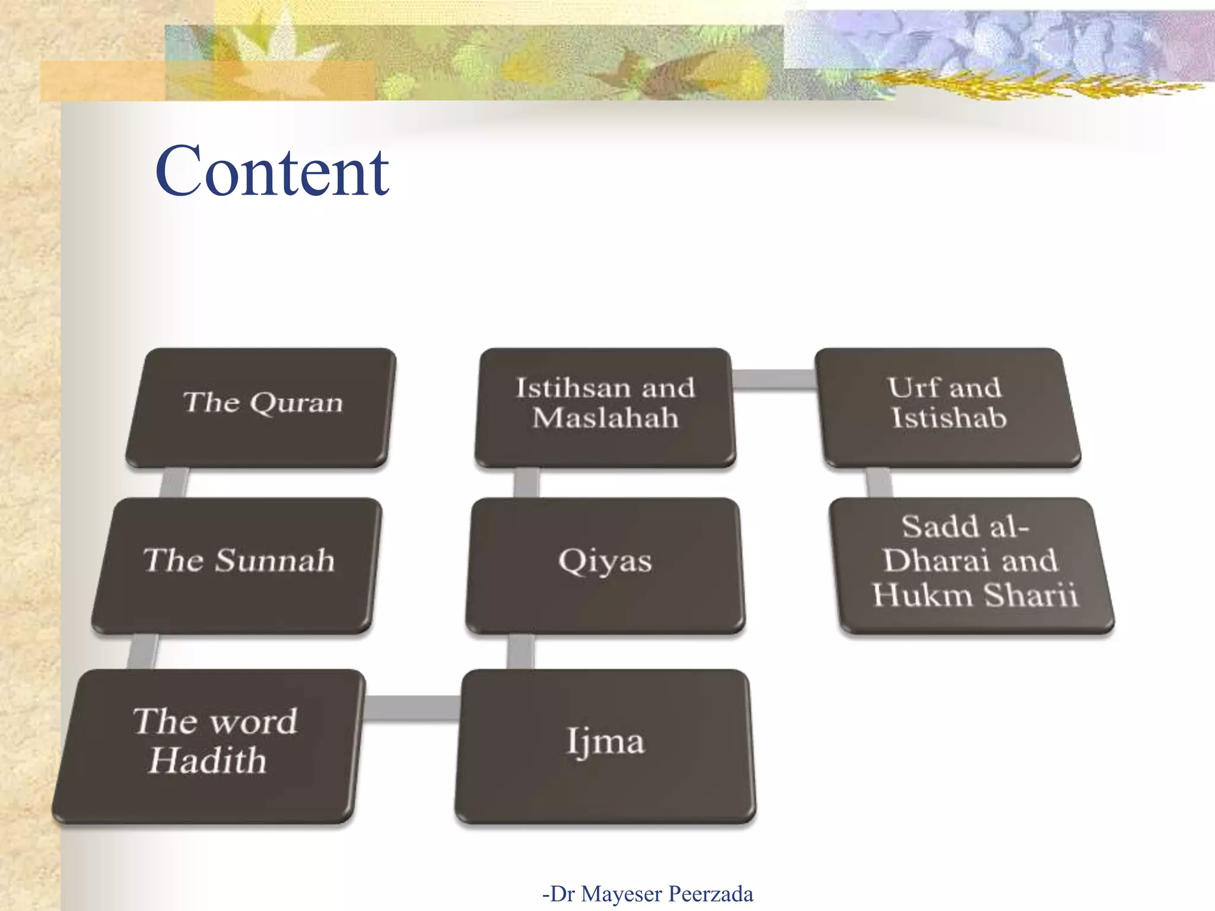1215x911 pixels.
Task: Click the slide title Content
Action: [272, 172]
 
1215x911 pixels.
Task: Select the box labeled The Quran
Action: [261, 407]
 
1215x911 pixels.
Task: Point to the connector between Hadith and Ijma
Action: [411, 708]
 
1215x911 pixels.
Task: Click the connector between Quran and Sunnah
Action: [174, 483]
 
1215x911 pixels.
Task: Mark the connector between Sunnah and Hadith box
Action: [143, 651]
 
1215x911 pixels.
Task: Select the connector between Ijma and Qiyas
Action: [520, 651]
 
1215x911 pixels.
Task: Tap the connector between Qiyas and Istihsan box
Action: [526, 483]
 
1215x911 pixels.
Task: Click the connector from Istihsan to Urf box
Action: [774, 380]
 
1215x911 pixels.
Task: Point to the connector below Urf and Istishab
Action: [879, 483]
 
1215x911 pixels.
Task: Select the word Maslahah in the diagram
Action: [605, 419]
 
